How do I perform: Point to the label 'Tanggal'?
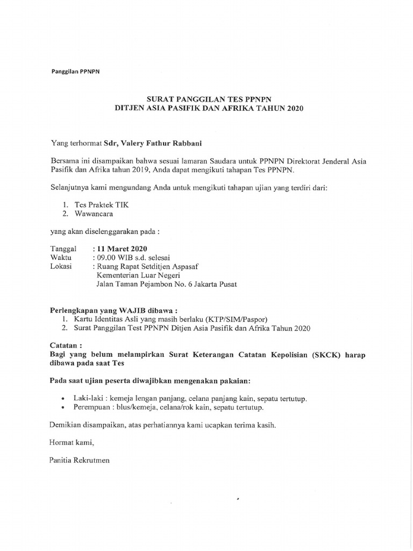pyautogui.click(x=63, y=250)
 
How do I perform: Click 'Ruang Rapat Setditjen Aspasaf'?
pyautogui.click(x=151, y=266)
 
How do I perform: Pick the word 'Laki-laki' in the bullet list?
pyautogui.click(x=77, y=399)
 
